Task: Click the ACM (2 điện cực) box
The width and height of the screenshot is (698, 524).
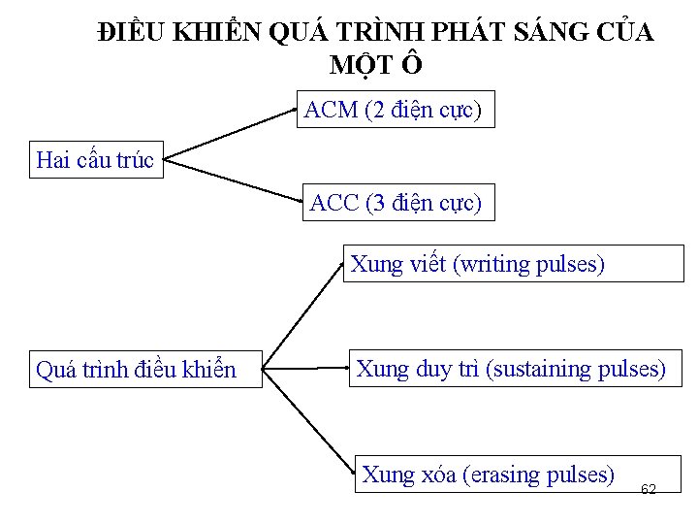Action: pos(393,111)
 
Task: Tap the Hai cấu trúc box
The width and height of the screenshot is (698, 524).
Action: pos(94,160)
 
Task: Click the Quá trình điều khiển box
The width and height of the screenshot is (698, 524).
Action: pos(145,370)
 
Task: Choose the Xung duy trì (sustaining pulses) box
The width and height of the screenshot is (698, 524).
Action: pos(512,370)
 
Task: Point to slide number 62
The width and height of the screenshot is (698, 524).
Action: pos(649,489)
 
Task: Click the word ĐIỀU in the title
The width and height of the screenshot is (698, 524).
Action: pos(133,33)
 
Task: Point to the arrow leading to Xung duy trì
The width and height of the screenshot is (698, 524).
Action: pos(305,369)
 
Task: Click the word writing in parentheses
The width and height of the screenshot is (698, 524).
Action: pos(494,264)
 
